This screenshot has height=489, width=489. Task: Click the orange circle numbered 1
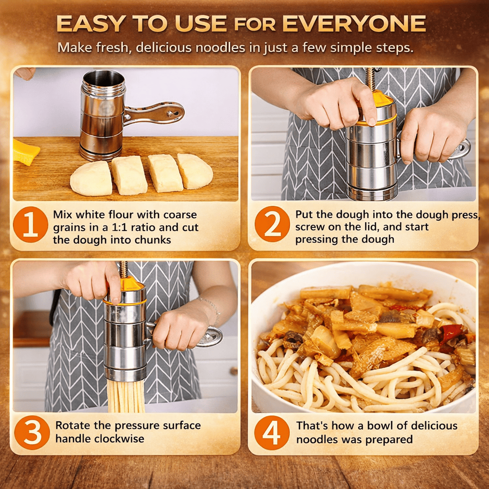[30, 224]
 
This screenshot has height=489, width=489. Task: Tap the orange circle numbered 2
[272, 224]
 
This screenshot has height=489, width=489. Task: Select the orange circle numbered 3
[32, 432]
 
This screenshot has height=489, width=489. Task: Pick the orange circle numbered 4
[272, 433]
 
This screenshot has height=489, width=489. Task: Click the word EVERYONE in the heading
[354, 24]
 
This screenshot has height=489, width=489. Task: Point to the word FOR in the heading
[255, 25]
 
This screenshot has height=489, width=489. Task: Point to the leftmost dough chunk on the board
[91, 179]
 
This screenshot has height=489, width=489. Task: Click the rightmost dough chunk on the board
[195, 171]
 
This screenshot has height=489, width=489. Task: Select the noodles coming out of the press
[126, 395]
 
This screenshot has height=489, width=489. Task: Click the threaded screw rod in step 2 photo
[371, 80]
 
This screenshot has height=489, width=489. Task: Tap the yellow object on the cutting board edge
[26, 152]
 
